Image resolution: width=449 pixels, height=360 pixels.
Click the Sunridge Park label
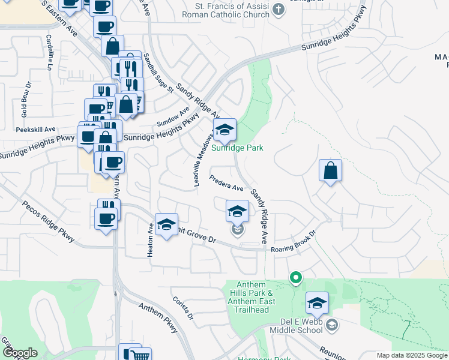(x=237, y=148)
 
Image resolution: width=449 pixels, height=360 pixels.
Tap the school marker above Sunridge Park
(x=224, y=130)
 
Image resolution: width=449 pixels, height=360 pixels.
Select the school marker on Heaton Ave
(x=166, y=225)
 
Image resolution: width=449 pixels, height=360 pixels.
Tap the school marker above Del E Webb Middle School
(x=316, y=304)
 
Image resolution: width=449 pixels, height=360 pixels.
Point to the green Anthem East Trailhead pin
(x=295, y=278)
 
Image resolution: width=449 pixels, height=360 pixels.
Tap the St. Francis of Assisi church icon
(x=277, y=9)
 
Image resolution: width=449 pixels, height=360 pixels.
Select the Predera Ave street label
(x=226, y=182)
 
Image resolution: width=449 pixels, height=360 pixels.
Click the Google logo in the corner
(x=20, y=353)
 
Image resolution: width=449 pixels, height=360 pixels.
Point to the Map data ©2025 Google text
(x=412, y=355)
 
